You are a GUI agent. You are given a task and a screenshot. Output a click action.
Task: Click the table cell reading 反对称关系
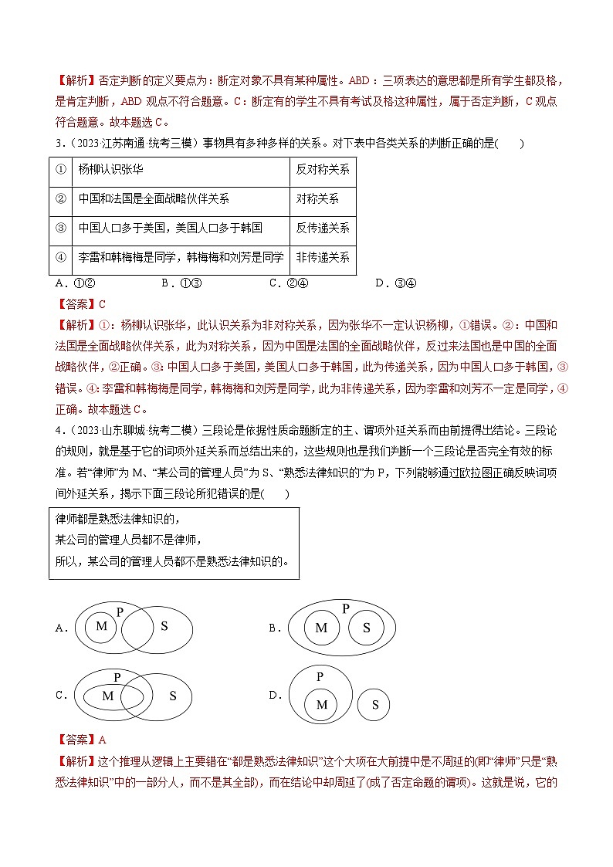[323, 170]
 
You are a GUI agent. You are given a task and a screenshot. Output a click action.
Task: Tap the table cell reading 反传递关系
[323, 228]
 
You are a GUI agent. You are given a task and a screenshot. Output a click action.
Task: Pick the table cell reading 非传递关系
[323, 257]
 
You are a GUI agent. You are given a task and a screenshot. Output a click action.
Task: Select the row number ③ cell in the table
[60, 228]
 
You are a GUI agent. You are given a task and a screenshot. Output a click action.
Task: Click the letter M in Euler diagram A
[101, 625]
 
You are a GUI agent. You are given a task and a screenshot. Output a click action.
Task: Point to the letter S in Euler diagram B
[366, 628]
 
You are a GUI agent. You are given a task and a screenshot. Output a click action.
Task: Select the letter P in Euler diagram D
[320, 676]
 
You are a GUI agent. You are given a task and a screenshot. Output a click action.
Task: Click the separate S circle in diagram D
[374, 704]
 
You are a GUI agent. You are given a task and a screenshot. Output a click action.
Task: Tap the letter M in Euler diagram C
[107, 696]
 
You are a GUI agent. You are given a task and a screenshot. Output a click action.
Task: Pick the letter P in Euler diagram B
[345, 608]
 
